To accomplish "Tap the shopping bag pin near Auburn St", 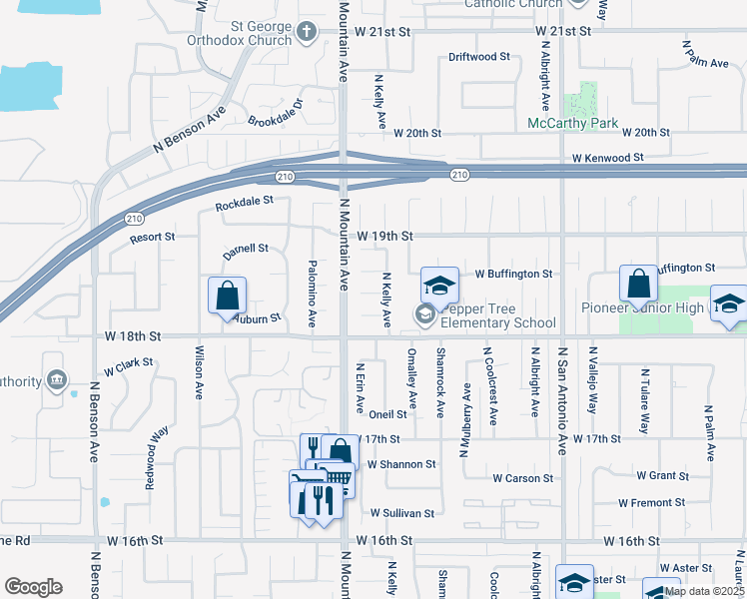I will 227,296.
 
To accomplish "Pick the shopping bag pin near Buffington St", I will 638,284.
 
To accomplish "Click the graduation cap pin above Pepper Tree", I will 438,286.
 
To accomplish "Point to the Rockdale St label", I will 244,203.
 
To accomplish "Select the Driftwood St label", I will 479,57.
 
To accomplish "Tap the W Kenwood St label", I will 607,158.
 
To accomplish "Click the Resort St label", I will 152,238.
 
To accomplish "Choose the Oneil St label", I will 387,414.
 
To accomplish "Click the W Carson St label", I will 522,479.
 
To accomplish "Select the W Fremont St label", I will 651,503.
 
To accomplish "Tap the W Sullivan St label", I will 401,513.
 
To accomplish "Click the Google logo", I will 33,586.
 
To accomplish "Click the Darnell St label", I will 245,251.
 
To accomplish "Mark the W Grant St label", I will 656,477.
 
